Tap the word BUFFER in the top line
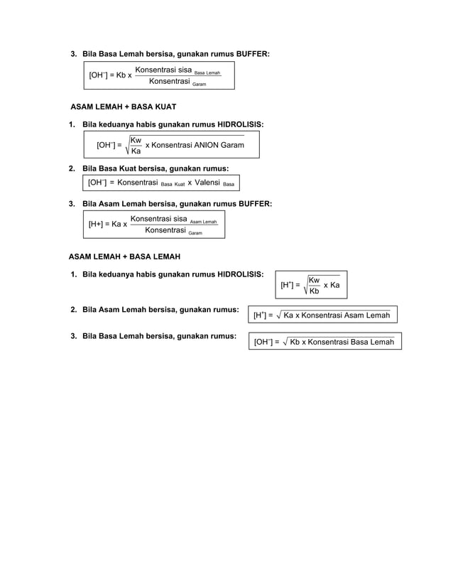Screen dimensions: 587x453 tap(252, 54)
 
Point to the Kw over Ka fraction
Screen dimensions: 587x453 tap(136, 146)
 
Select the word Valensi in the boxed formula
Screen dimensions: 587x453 tap(206, 183)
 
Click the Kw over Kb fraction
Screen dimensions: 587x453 tap(314, 285)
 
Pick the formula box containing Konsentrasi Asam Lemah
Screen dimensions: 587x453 tap(322, 315)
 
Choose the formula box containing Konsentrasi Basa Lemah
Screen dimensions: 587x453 tap(324, 342)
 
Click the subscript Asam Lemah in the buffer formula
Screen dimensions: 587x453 tap(203, 222)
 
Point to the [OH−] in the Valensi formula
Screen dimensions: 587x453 tap(97, 183)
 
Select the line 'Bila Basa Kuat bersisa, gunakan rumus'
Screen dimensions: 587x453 tap(155, 168)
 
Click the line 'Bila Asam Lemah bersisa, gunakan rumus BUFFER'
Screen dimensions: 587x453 tap(177, 204)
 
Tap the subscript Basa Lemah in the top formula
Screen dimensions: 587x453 tap(207, 73)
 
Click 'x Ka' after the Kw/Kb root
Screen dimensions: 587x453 tap(332, 284)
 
